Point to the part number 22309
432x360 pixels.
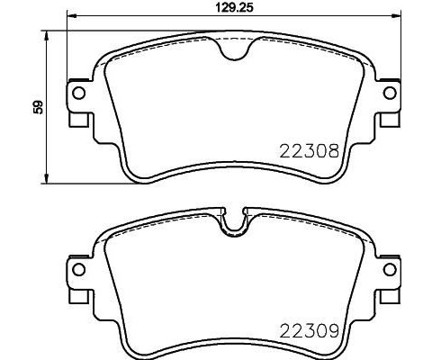(308, 329)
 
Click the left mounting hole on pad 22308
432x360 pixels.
(78, 94)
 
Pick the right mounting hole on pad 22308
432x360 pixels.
(389, 94)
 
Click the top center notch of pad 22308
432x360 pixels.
(234, 52)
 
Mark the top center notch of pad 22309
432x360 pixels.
(234, 224)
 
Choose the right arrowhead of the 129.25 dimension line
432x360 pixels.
(396, 17)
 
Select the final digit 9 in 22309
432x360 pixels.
(332, 329)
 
